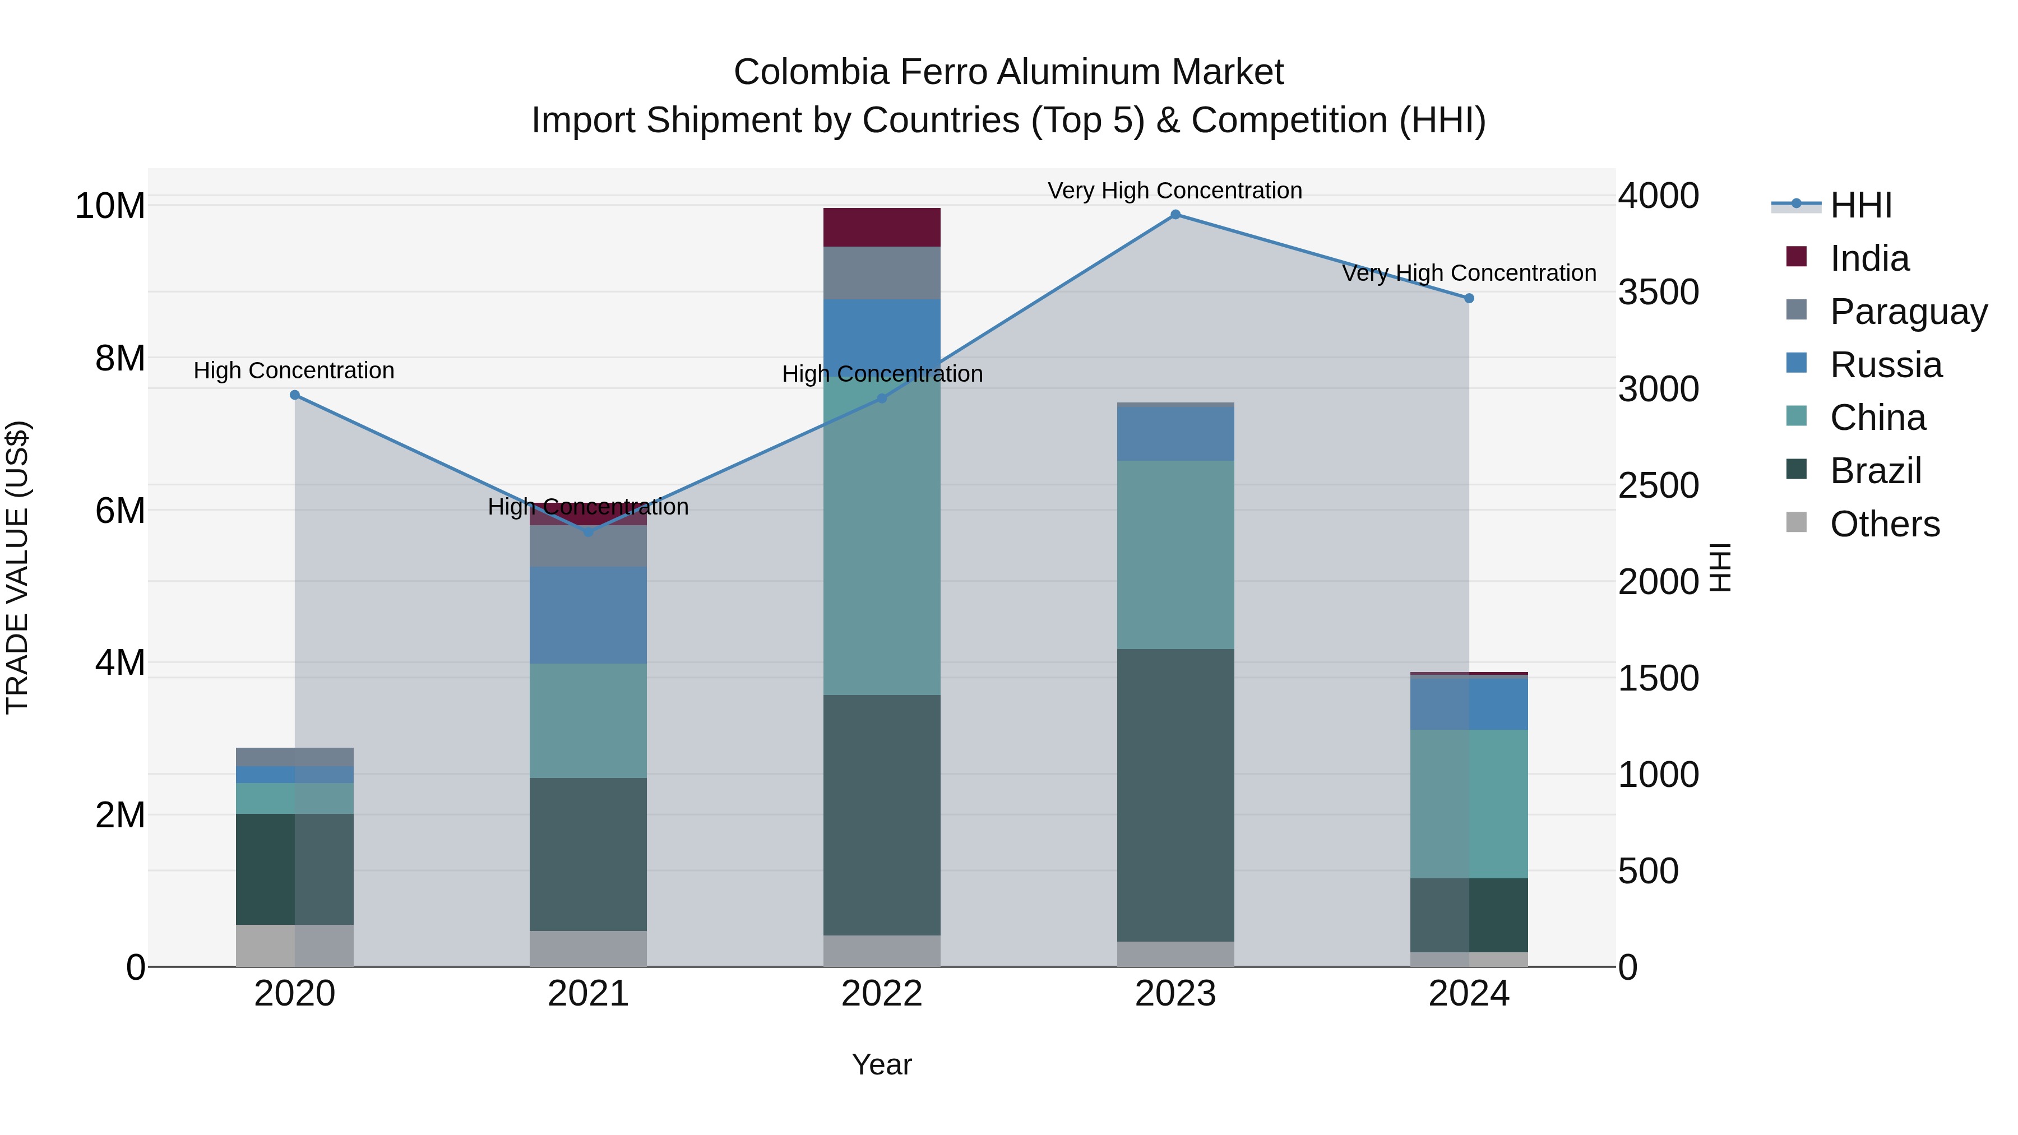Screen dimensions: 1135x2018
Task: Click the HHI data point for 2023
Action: point(1175,215)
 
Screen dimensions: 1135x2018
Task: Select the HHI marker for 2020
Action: point(294,395)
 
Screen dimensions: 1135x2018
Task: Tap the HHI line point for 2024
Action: point(1469,298)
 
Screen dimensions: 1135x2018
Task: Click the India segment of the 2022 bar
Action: point(881,227)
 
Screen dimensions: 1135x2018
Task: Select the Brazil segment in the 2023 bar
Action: point(1175,795)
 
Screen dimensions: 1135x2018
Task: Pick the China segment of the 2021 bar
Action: point(589,721)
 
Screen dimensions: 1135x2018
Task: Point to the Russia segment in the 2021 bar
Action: point(589,615)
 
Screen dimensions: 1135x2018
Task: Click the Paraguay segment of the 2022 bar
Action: point(881,272)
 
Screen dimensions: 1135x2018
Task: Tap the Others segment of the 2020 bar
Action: point(294,946)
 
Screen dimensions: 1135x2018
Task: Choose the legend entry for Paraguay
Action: point(1908,312)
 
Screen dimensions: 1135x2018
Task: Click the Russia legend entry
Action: point(1886,365)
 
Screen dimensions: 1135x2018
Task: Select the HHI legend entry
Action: point(1860,205)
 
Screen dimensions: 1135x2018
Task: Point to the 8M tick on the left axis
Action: point(120,359)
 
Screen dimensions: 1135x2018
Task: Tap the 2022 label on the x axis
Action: point(881,994)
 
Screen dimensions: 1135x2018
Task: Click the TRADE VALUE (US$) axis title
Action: point(18,567)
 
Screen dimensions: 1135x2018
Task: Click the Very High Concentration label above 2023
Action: point(1174,191)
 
